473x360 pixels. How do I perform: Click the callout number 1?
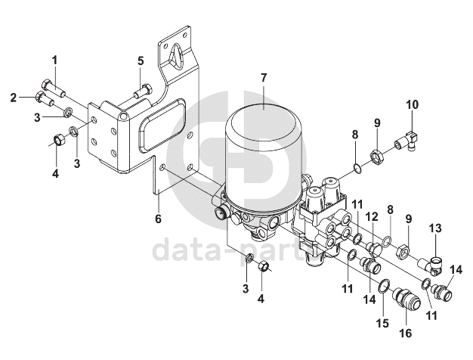(54, 60)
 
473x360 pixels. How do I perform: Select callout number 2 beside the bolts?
(14, 98)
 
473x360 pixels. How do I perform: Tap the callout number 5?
(140, 60)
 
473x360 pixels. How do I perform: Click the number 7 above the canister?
(264, 78)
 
